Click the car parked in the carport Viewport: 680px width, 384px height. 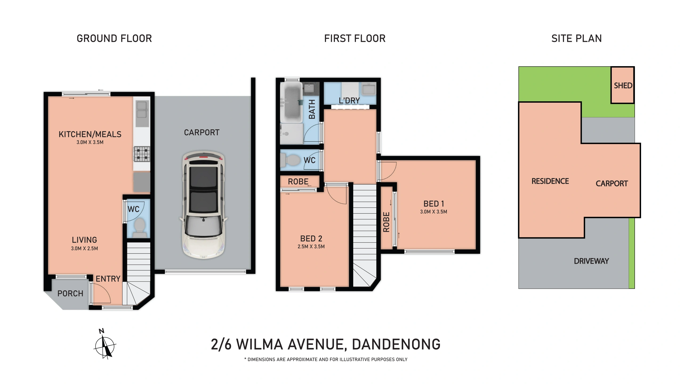coord(204,205)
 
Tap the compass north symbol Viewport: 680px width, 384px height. coord(105,346)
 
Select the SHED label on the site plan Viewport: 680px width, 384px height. coord(623,86)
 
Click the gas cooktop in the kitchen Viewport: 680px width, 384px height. coord(142,154)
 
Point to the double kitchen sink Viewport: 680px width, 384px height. coord(142,110)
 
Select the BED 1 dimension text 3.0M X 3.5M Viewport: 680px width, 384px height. coord(433,212)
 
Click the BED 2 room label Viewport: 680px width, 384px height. coord(311,238)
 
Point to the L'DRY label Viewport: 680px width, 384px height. coord(349,101)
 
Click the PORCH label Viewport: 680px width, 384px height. coord(70,294)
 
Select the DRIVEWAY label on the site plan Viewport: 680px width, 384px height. coord(591,261)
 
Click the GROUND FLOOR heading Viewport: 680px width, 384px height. coord(114,38)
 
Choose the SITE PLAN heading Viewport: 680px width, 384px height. coord(576,38)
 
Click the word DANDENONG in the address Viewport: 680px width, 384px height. coord(396,344)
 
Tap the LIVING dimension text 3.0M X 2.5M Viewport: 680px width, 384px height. coord(84,249)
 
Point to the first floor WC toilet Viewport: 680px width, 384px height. coord(290,160)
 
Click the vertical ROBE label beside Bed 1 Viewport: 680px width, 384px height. coord(386,222)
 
